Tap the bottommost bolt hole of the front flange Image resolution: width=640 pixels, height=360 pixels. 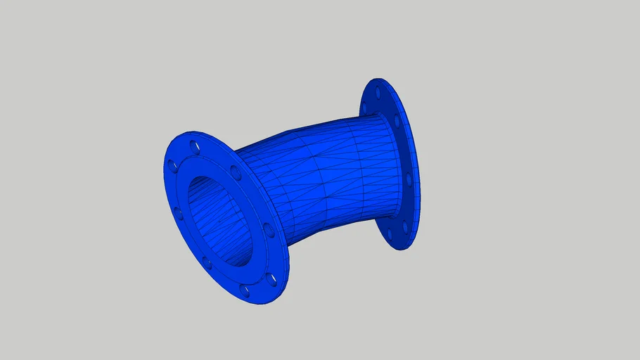pyautogui.click(x=245, y=290)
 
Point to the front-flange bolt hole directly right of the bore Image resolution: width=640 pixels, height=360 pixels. pyautogui.click(x=269, y=230)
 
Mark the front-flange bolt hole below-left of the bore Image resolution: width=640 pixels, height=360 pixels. pyautogui.click(x=207, y=264)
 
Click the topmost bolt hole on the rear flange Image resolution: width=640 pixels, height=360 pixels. pyautogui.click(x=378, y=92)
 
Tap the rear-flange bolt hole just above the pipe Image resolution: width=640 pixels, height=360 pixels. pyautogui.click(x=397, y=121)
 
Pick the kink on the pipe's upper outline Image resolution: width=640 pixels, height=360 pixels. pyautogui.click(x=285, y=134)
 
